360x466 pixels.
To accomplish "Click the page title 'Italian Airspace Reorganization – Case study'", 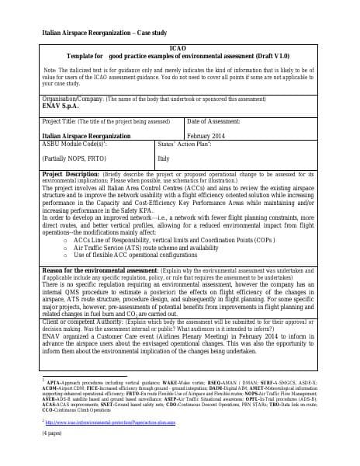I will click(x=88, y=32).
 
